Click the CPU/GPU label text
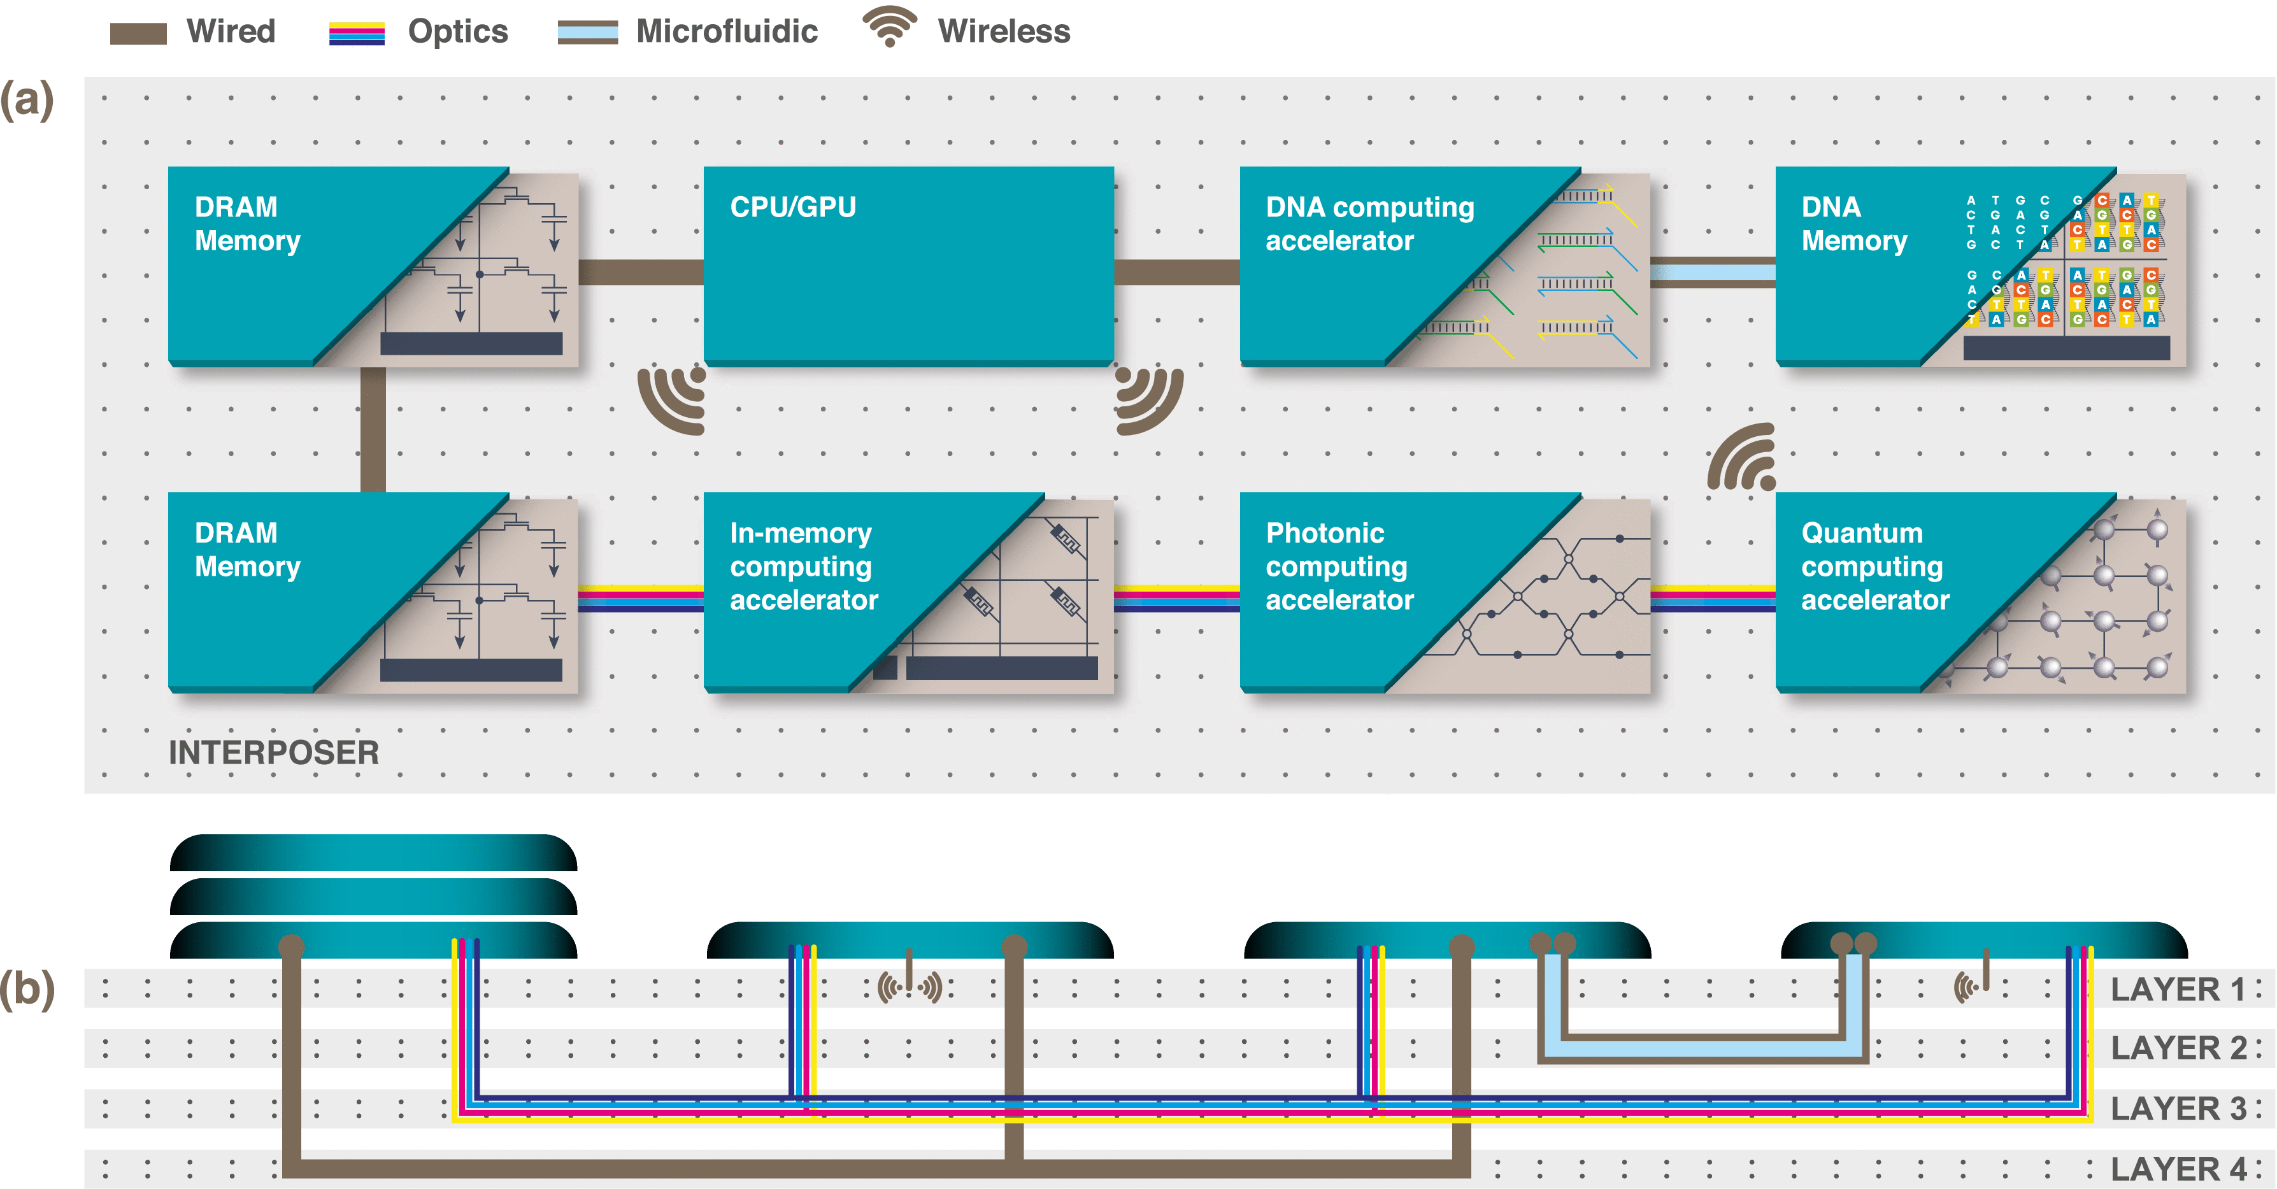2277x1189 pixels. (x=793, y=207)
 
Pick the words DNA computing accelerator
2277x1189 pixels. (x=1369, y=224)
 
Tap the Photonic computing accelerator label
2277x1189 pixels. (x=1339, y=566)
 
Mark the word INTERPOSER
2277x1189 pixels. (x=273, y=752)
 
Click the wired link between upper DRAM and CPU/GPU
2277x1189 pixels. (x=641, y=271)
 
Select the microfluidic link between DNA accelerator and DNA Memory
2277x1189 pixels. (x=1712, y=271)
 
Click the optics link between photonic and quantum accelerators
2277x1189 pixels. (x=1712, y=599)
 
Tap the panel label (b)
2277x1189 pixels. (x=27, y=988)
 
